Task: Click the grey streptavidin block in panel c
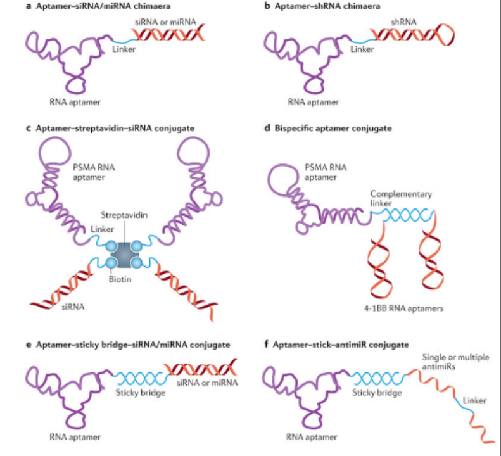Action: pyautogui.click(x=124, y=253)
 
